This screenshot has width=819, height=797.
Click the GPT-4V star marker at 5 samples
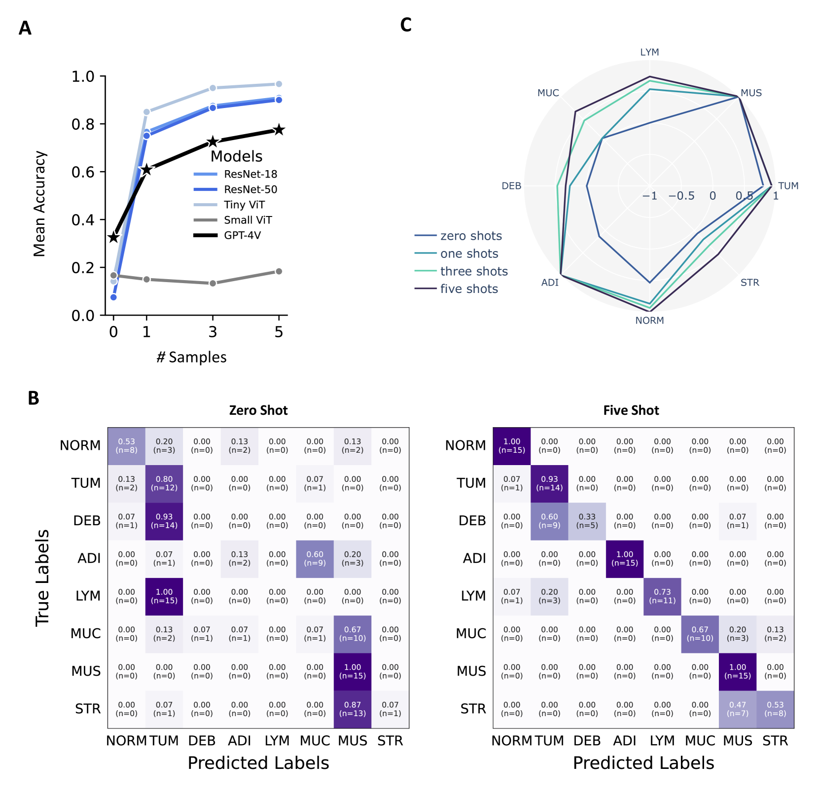pyautogui.click(x=279, y=130)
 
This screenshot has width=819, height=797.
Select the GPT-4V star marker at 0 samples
pyautogui.click(x=113, y=237)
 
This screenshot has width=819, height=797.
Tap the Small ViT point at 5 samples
pyautogui.click(x=279, y=271)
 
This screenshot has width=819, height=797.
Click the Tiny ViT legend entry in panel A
pyautogui.click(x=244, y=205)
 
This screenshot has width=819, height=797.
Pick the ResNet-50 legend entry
pyautogui.click(x=250, y=189)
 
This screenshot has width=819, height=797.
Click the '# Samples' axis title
pyautogui.click(x=191, y=357)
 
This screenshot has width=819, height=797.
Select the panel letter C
pyautogui.click(x=406, y=25)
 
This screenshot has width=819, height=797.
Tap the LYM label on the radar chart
pyautogui.click(x=649, y=52)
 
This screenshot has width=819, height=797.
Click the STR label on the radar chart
pyautogui.click(x=749, y=283)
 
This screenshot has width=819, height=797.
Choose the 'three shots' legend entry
pyautogui.click(x=473, y=271)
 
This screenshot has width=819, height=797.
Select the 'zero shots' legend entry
pyautogui.click(x=471, y=236)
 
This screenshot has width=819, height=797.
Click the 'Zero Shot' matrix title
pyautogui.click(x=258, y=410)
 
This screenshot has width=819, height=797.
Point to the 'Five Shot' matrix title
pyautogui.click(x=631, y=410)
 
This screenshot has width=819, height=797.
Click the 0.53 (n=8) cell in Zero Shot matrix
pyautogui.click(x=127, y=446)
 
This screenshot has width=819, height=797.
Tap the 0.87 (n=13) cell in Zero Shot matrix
pyautogui.click(x=353, y=709)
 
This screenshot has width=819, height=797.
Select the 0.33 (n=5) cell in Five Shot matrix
pyautogui.click(x=587, y=521)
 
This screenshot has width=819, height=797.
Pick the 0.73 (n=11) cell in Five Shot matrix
pyautogui.click(x=662, y=596)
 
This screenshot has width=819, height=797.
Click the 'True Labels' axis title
pyautogui.click(x=42, y=578)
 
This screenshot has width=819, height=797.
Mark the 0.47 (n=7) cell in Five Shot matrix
pyautogui.click(x=738, y=709)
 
